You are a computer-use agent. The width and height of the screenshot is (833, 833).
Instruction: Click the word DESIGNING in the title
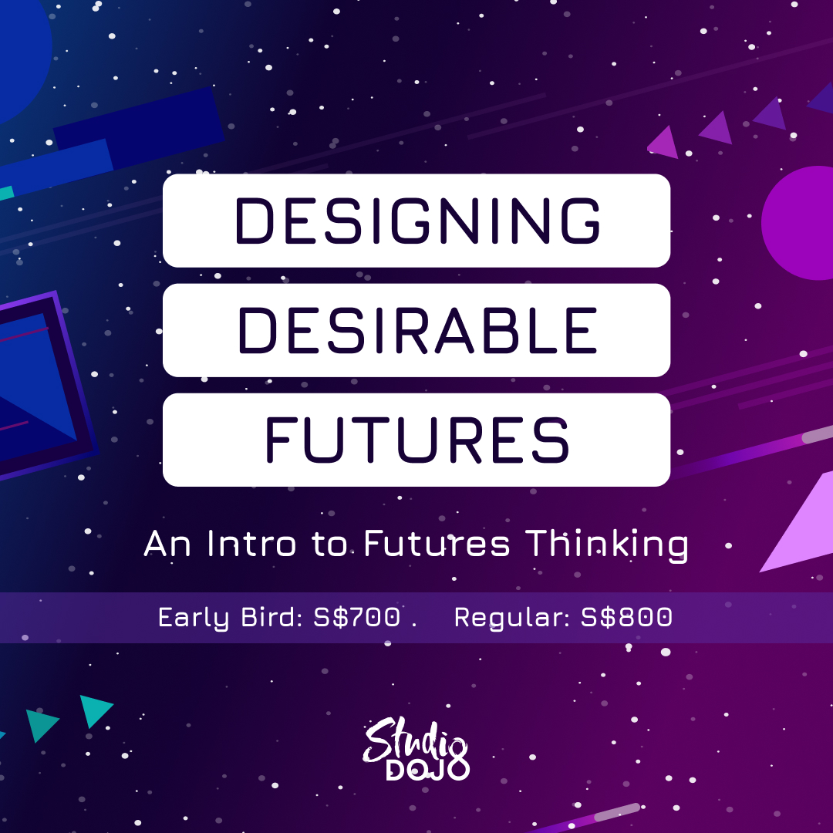point(417,221)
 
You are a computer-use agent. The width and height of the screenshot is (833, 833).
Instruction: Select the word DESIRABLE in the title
point(417,330)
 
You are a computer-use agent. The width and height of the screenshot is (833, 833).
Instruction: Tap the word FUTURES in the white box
point(417,440)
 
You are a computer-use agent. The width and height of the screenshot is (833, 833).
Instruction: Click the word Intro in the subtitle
point(251,544)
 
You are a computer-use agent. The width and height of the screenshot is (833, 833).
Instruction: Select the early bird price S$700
point(356,617)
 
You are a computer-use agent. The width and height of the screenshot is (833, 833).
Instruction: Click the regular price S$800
point(626,617)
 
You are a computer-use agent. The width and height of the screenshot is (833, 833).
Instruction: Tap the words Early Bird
point(231,618)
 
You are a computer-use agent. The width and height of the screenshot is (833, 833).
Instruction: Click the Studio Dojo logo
point(416,749)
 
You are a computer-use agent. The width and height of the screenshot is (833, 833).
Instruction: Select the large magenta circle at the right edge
point(798,223)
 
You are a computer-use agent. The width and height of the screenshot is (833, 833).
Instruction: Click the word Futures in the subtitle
point(437,544)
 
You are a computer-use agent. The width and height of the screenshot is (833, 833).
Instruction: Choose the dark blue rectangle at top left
point(139,127)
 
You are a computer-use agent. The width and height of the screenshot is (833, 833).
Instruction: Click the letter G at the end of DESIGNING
point(581,221)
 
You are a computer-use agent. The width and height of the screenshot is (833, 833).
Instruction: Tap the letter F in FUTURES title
point(278,440)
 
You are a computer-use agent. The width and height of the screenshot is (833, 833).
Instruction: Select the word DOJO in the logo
point(427,769)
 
